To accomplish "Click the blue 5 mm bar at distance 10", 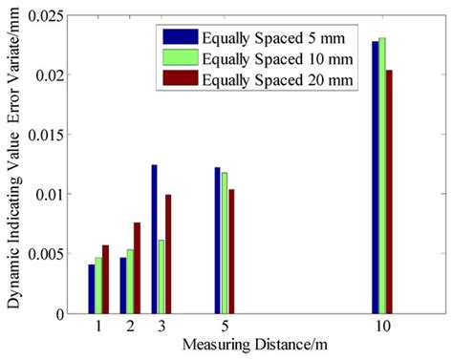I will [x=376, y=177].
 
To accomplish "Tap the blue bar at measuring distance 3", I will [x=154, y=239].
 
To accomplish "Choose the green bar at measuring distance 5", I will [x=225, y=243].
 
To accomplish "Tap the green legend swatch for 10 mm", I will [x=180, y=59].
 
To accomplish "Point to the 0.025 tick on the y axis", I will [x=48, y=15].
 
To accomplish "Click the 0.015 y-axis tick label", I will [x=48, y=135].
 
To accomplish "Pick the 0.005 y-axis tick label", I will [x=48, y=254].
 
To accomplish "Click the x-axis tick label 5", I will [x=225, y=326].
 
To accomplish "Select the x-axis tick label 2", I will [x=130, y=326].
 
